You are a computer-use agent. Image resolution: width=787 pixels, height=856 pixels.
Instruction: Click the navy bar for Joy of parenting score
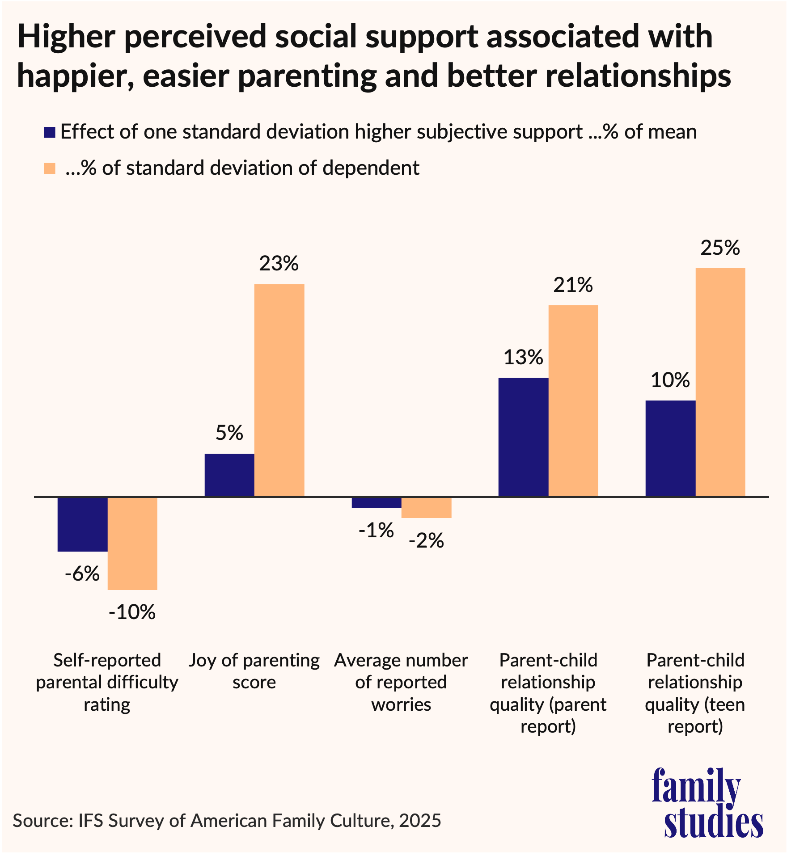coord(229,475)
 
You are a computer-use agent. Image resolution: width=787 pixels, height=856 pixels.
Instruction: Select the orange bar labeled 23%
coord(279,390)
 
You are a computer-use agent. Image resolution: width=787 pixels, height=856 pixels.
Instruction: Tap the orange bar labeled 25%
coord(720,382)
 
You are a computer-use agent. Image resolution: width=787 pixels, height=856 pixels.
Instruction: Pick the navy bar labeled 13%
coord(523,437)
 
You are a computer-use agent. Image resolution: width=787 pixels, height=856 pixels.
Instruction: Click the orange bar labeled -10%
coord(132,543)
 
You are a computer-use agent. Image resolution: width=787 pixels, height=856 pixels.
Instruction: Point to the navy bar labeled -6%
coord(83,524)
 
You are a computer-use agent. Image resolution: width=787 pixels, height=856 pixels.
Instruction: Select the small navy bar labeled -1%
coord(377,503)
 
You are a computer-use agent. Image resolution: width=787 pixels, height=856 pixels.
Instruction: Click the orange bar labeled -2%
coord(426,507)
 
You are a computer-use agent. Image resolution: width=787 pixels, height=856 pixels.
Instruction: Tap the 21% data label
coord(573,285)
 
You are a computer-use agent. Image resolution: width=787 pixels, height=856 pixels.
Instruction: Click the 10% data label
coord(670,380)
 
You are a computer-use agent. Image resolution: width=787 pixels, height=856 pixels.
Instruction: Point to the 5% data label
coord(229,433)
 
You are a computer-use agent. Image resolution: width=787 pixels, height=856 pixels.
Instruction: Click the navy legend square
coord(49,132)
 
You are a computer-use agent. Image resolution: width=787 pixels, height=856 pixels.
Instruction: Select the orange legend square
coord(49,169)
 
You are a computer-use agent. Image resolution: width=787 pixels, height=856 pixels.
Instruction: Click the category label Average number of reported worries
coord(401,682)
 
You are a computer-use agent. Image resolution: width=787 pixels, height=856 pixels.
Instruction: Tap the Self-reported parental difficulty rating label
coord(107,682)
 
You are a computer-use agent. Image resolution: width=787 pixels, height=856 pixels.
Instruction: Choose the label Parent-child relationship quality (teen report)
coord(695,693)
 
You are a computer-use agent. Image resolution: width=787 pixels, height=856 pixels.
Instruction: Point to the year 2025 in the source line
coord(420,821)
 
